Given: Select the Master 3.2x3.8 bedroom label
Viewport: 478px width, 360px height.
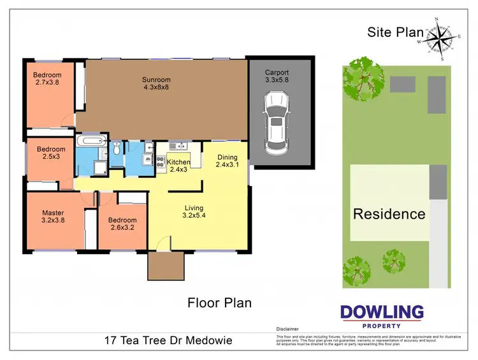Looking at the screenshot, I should pyautogui.click(x=54, y=217).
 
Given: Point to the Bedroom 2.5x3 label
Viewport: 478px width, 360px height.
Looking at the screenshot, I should pyautogui.click(x=50, y=154).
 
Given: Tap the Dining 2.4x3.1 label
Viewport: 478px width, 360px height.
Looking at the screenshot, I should pyautogui.click(x=227, y=161).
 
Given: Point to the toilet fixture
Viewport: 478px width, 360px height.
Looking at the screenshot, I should pyautogui.click(x=116, y=148).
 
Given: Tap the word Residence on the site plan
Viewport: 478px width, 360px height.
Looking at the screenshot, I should pyautogui.click(x=389, y=214).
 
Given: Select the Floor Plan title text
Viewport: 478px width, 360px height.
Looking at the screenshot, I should pyautogui.click(x=219, y=303).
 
